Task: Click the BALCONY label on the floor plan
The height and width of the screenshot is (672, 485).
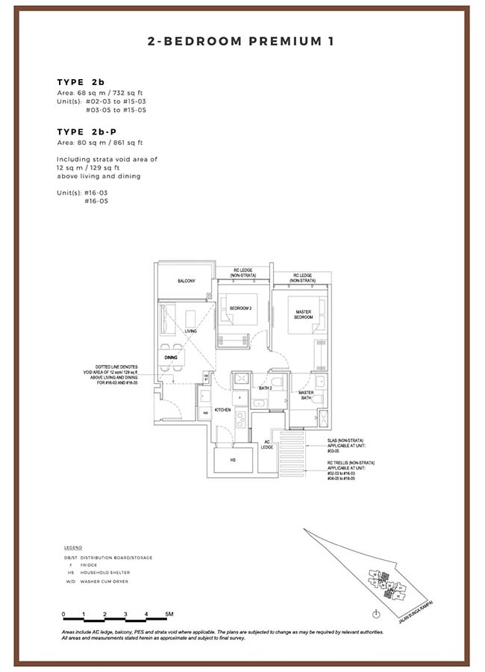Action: [x=186, y=281]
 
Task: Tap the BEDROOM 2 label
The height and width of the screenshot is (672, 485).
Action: [x=241, y=308]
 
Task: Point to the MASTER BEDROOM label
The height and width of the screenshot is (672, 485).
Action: [x=303, y=314]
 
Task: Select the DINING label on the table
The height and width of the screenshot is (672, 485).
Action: [x=171, y=358]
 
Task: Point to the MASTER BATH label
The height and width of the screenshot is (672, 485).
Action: [x=306, y=396]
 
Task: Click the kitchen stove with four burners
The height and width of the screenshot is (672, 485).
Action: [x=242, y=419]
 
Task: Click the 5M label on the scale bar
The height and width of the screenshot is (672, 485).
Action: [x=169, y=614]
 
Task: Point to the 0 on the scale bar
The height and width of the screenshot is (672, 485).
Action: [x=64, y=614]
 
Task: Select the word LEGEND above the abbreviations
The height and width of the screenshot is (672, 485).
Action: [x=73, y=547]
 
